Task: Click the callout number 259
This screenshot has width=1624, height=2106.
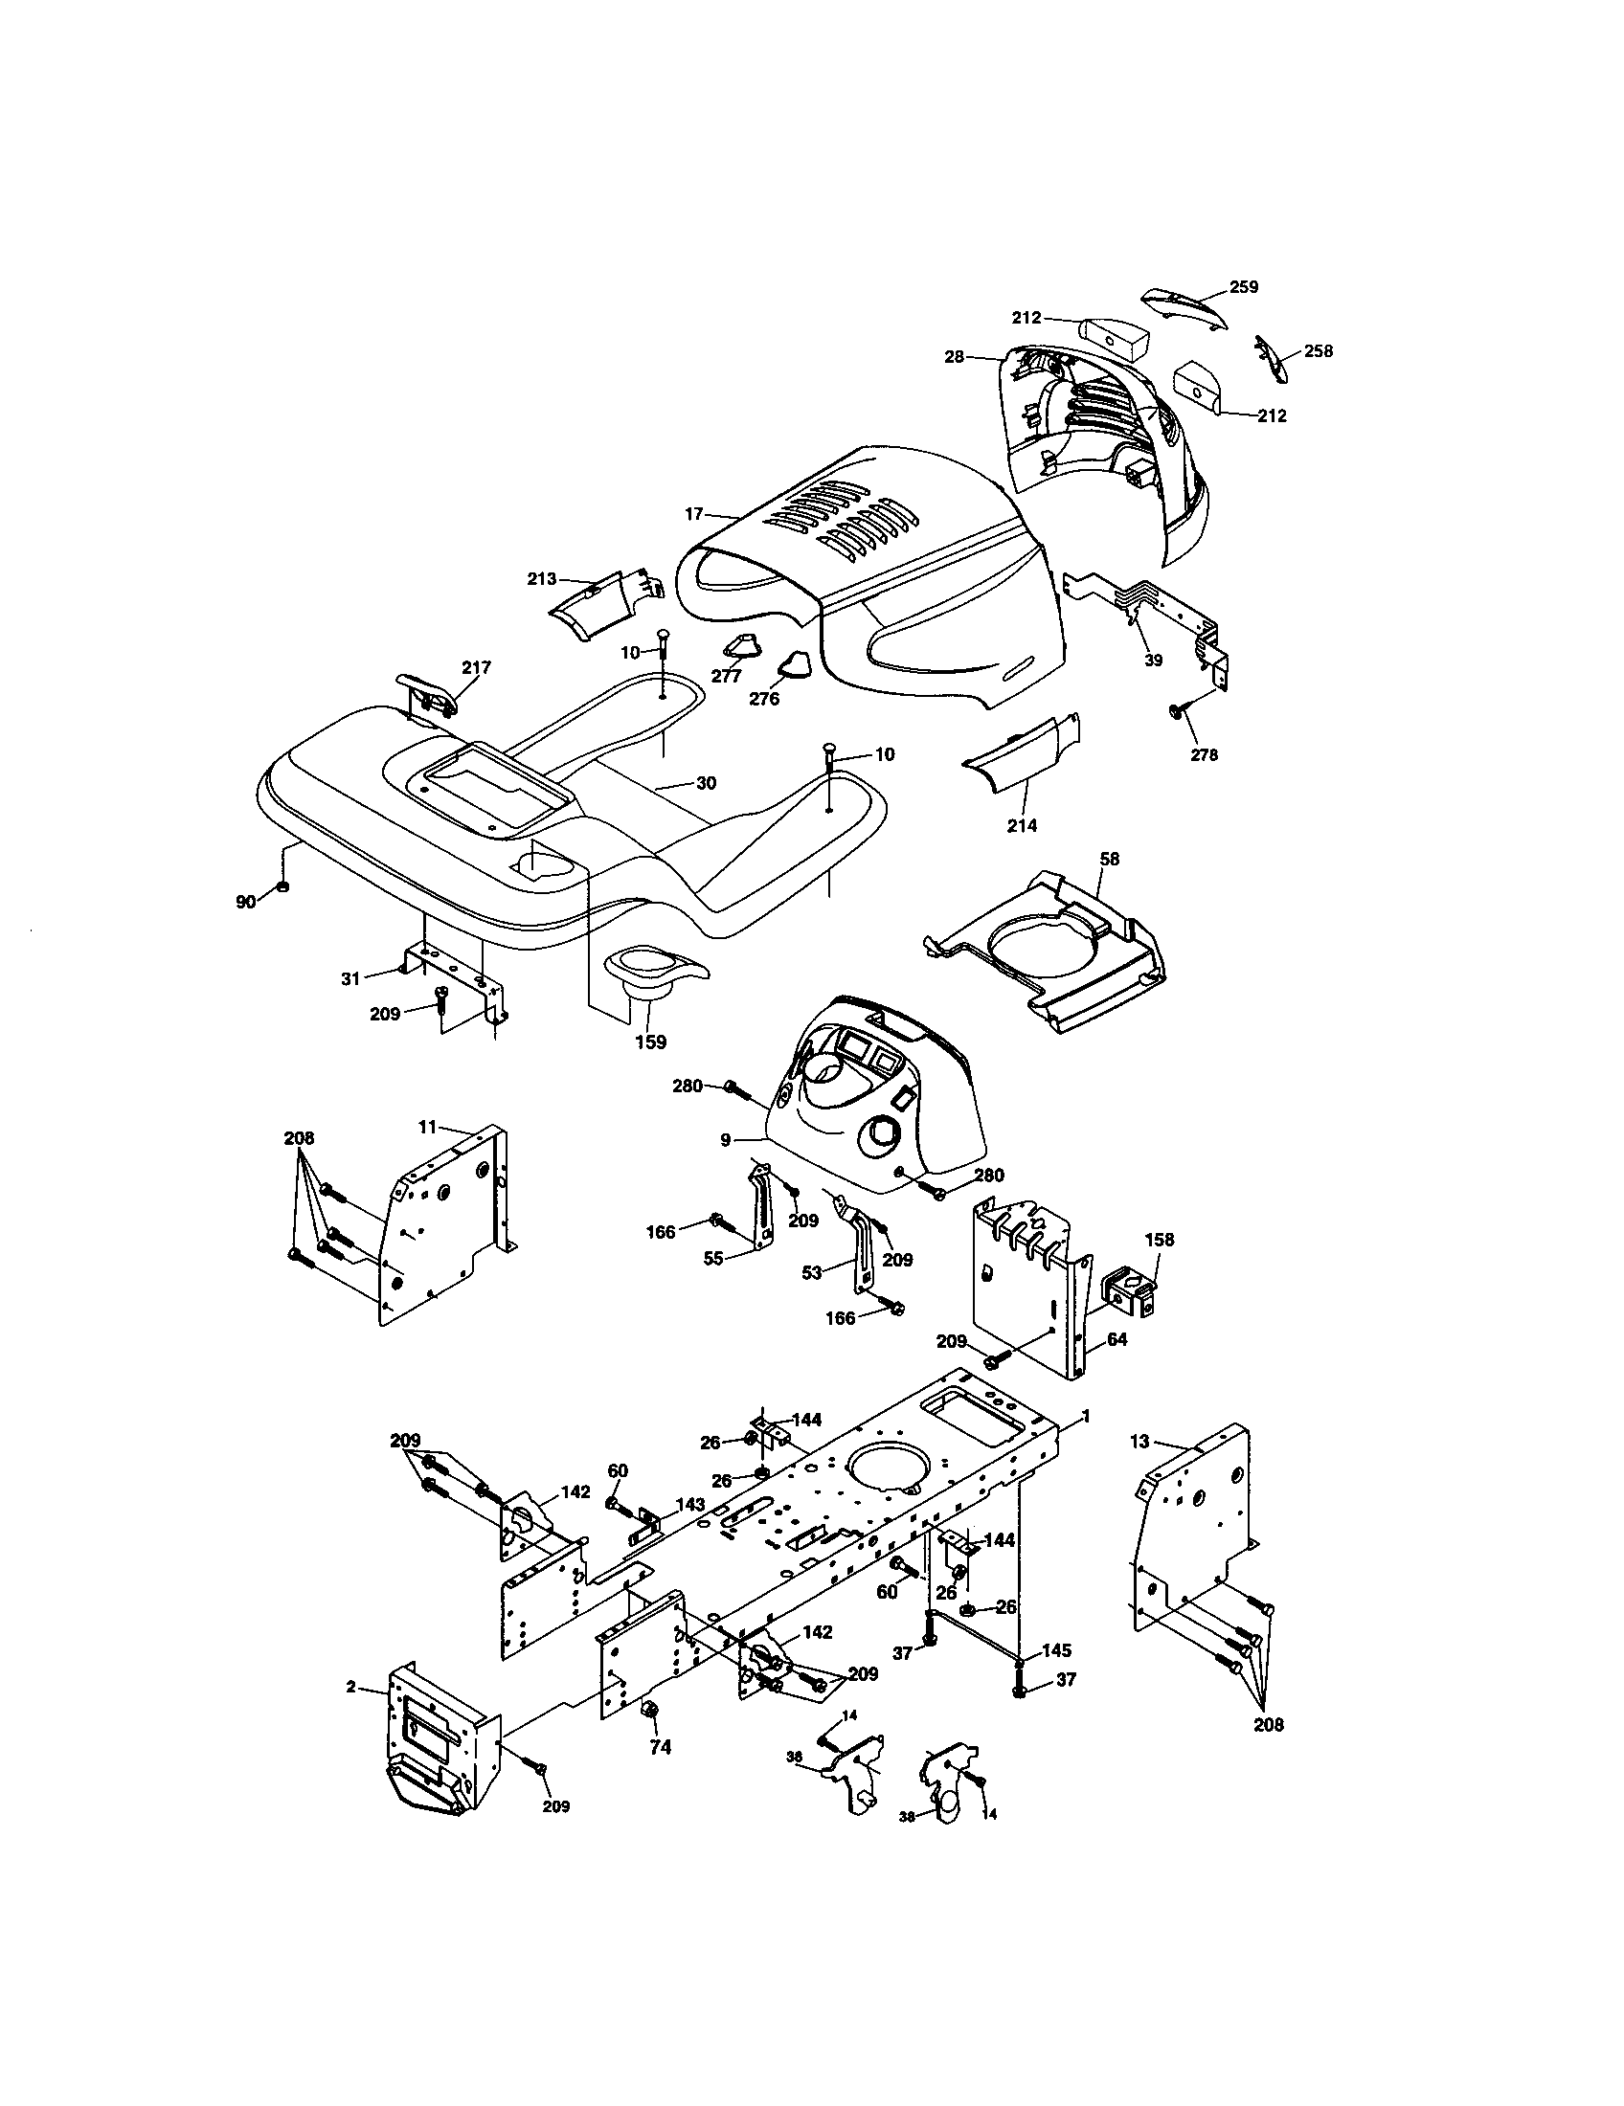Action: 1243,286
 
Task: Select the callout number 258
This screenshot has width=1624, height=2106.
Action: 1318,351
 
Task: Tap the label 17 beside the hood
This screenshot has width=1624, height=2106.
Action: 694,514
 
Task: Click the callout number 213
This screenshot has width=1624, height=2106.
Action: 541,578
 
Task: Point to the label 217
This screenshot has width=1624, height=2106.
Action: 477,667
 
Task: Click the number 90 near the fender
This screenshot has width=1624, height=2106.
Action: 246,901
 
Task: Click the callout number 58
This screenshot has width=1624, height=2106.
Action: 1110,859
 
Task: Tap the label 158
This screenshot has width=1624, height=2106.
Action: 1160,1239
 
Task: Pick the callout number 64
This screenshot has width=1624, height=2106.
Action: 1117,1339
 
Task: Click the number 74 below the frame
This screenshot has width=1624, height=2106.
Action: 660,1747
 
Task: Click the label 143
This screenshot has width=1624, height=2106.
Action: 689,1504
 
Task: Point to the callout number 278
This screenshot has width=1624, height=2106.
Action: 1204,755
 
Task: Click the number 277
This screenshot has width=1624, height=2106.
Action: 726,676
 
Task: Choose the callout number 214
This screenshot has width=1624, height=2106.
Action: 1022,825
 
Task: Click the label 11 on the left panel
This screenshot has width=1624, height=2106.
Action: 428,1126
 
